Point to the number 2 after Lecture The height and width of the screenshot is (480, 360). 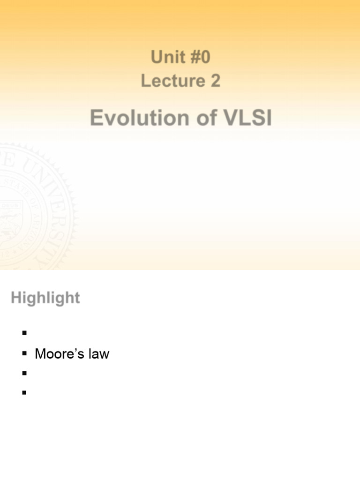point(215,81)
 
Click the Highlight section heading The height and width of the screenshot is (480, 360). point(45,298)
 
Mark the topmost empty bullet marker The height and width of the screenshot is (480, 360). point(23,333)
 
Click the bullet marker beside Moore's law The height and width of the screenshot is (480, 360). point(23,353)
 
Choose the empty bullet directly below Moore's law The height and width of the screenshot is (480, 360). point(23,374)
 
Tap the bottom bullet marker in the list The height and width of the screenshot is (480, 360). point(23,393)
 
